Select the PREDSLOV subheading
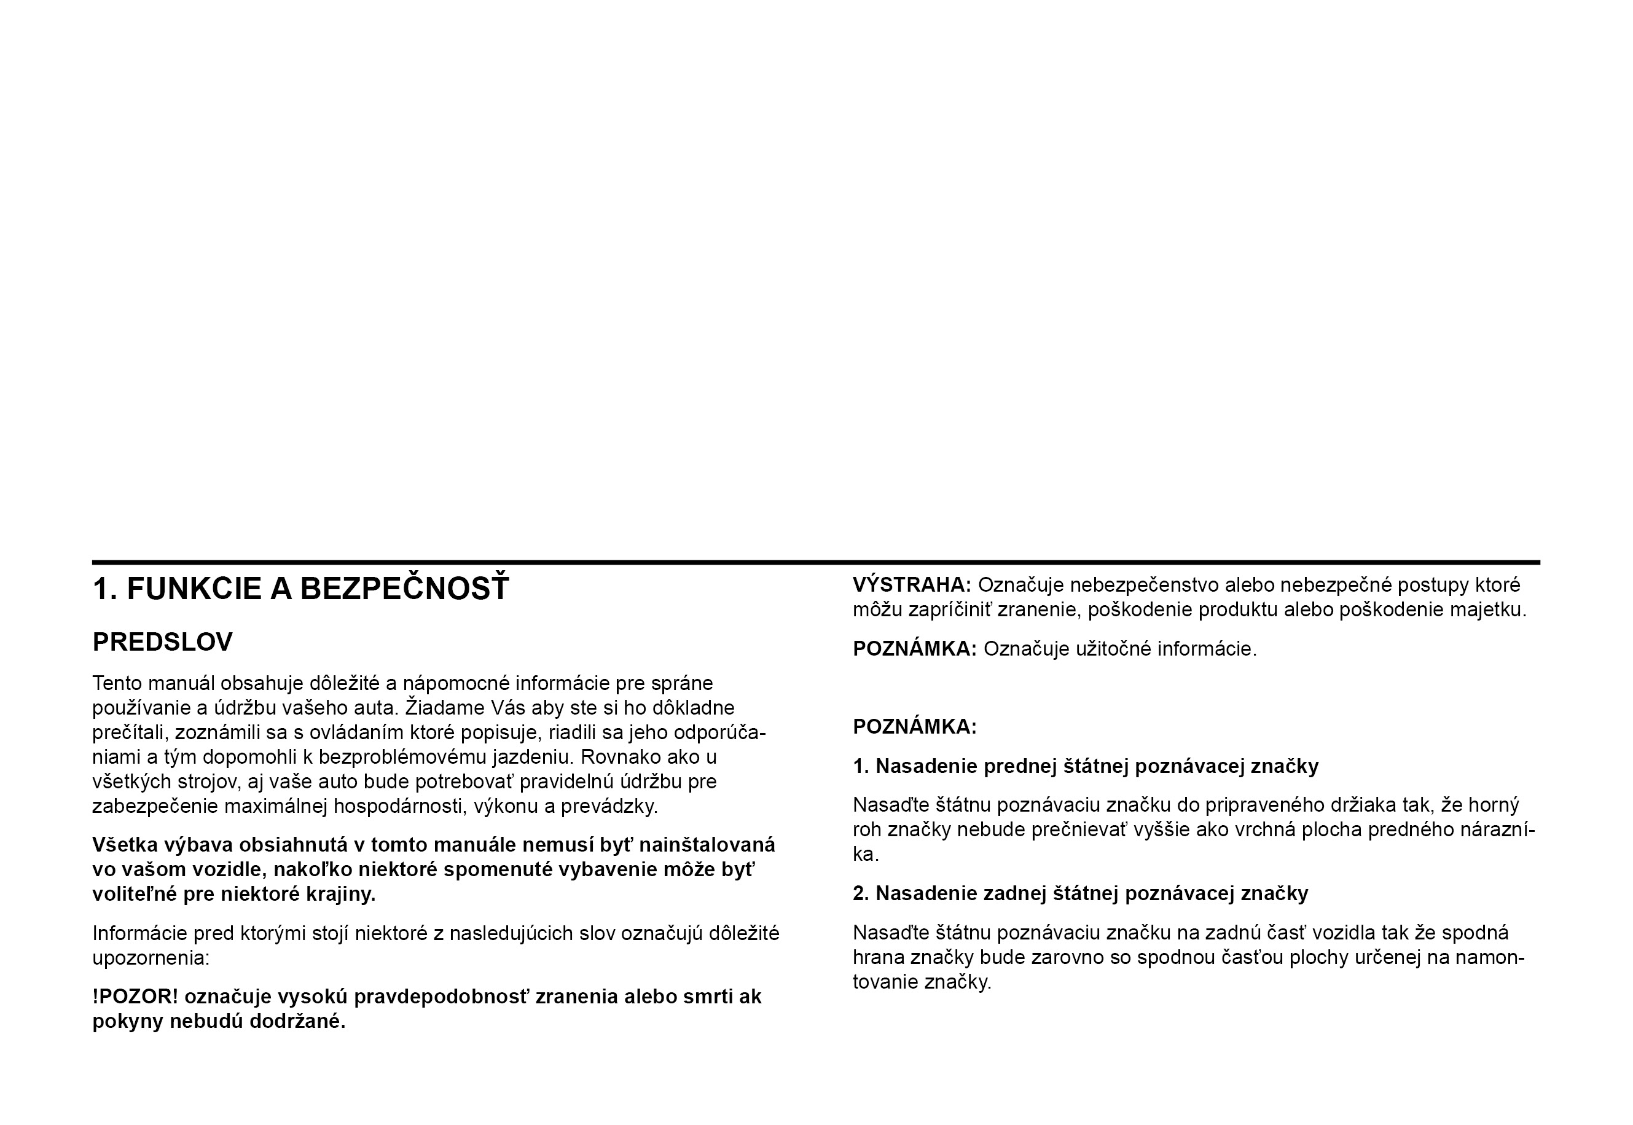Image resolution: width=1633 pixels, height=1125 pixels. pyautogui.click(x=162, y=642)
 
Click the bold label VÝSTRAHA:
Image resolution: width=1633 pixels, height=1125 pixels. pyautogui.click(x=911, y=585)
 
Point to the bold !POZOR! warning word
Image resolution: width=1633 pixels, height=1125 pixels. pyautogui.click(x=135, y=997)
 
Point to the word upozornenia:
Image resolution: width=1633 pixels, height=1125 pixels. pyautogui.click(x=151, y=958)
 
